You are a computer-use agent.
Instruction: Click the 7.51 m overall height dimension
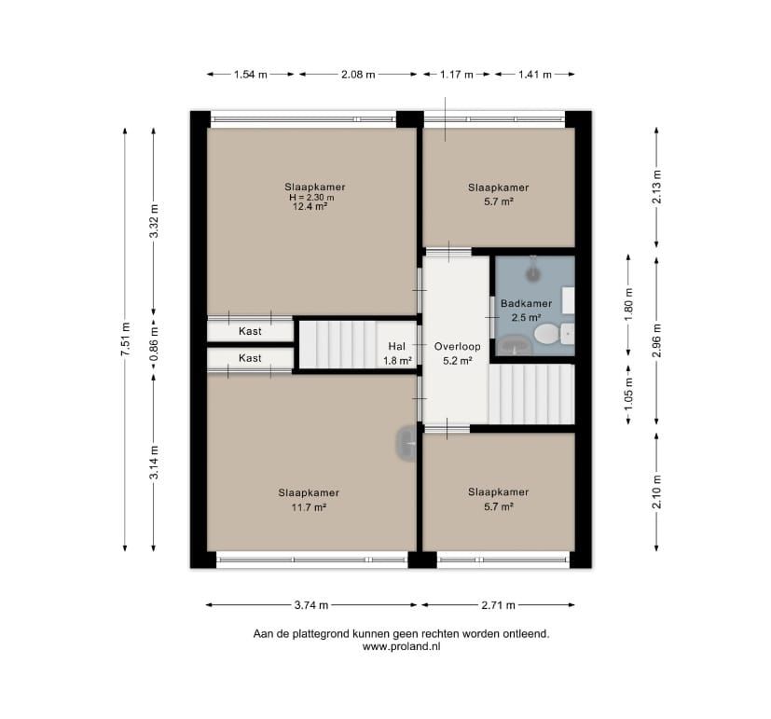click(x=125, y=339)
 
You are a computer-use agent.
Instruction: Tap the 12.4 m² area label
click(x=310, y=206)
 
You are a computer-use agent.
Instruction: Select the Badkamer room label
click(x=526, y=303)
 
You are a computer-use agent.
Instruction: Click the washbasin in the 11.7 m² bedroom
click(x=406, y=443)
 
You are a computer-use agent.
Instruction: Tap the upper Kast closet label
click(x=250, y=331)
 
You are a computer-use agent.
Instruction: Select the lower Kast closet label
click(x=250, y=358)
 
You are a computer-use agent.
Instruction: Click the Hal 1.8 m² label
click(x=397, y=353)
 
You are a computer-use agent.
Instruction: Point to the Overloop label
click(x=458, y=346)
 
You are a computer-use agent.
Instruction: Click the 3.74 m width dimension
click(x=311, y=605)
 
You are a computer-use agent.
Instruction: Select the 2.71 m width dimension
click(x=498, y=605)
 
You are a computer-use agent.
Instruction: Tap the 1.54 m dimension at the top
click(x=250, y=75)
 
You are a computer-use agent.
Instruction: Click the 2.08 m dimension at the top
click(x=358, y=75)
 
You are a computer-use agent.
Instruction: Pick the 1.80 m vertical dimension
click(x=629, y=304)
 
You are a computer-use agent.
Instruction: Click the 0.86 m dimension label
click(x=154, y=344)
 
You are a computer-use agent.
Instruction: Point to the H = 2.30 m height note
click(x=311, y=197)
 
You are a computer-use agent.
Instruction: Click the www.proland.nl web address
click(x=401, y=646)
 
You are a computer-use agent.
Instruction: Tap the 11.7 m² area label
click(x=309, y=507)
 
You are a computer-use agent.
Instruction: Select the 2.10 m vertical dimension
click(x=657, y=491)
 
